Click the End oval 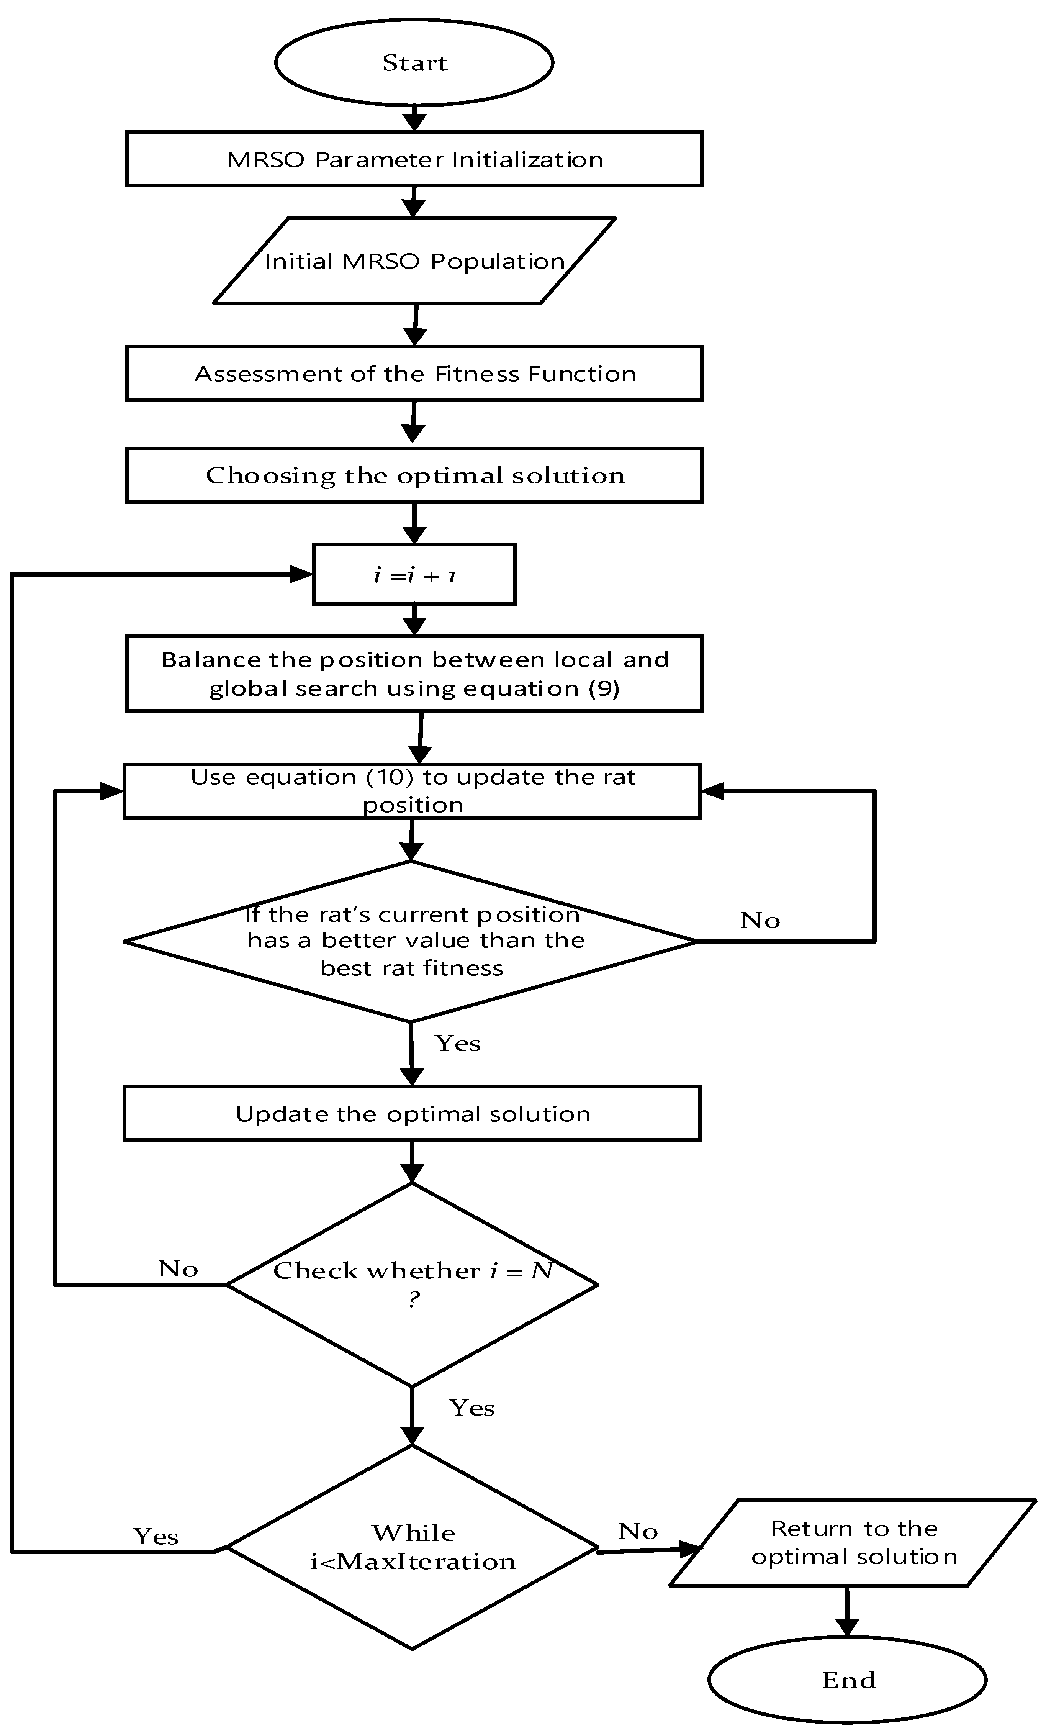(x=847, y=1679)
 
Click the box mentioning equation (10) (x=412, y=791)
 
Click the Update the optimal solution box (x=412, y=1113)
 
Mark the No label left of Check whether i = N (x=178, y=1269)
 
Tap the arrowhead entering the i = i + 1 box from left (x=301, y=574)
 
